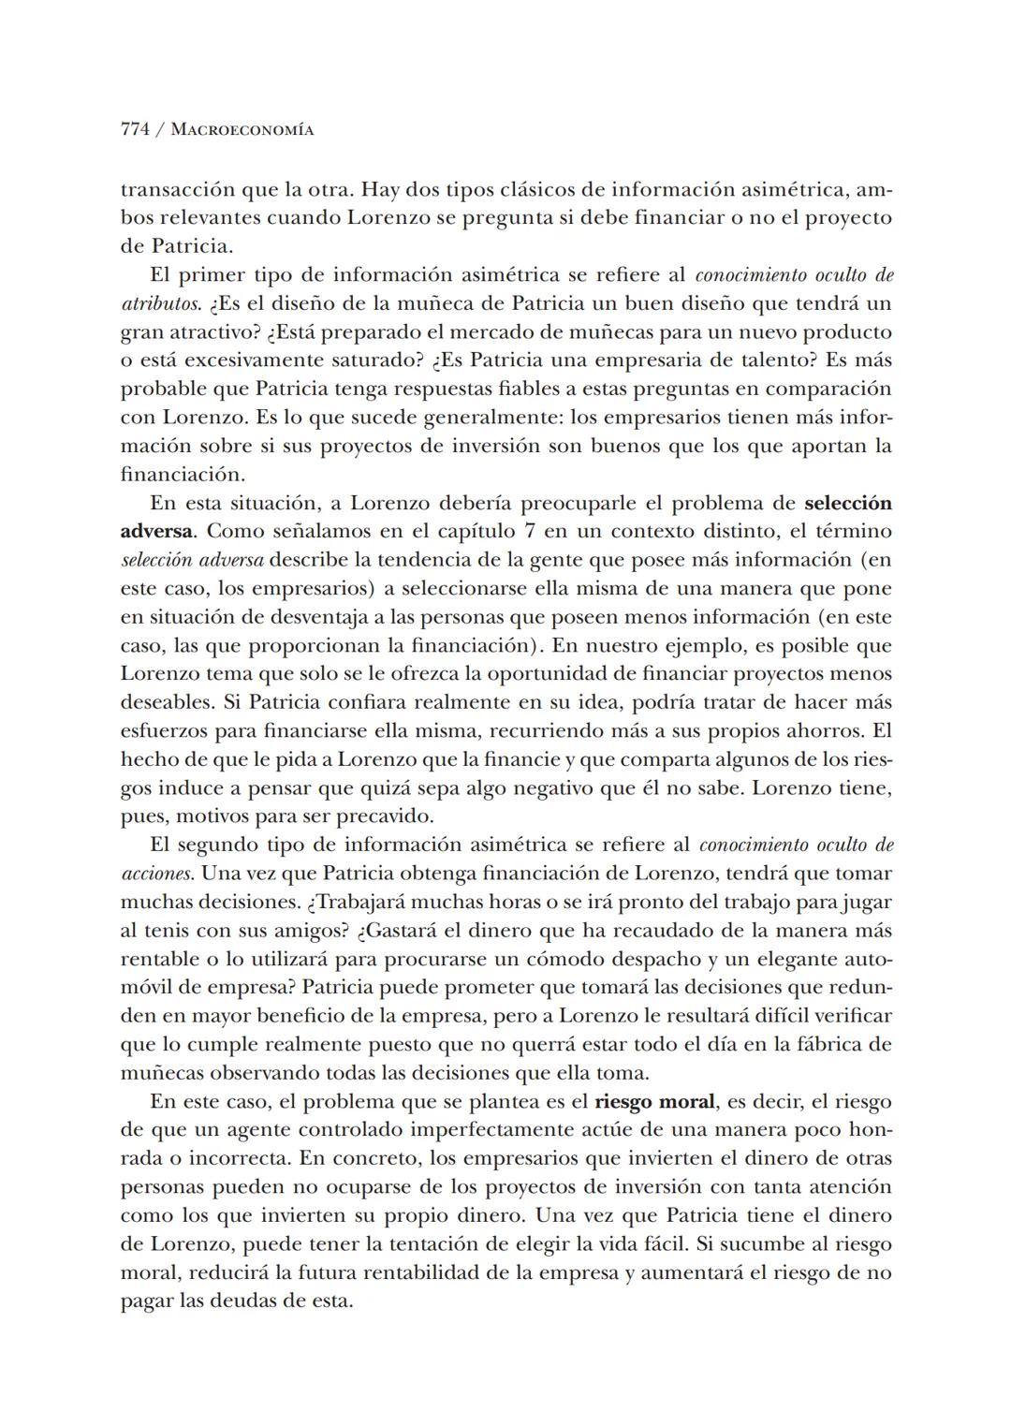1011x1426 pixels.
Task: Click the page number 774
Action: pyautogui.click(x=135, y=130)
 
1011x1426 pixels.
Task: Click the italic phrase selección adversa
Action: pyautogui.click(x=193, y=560)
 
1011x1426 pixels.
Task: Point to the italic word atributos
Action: pyautogui.click(x=157, y=304)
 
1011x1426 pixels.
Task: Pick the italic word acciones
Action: pyautogui.click(x=156, y=874)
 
